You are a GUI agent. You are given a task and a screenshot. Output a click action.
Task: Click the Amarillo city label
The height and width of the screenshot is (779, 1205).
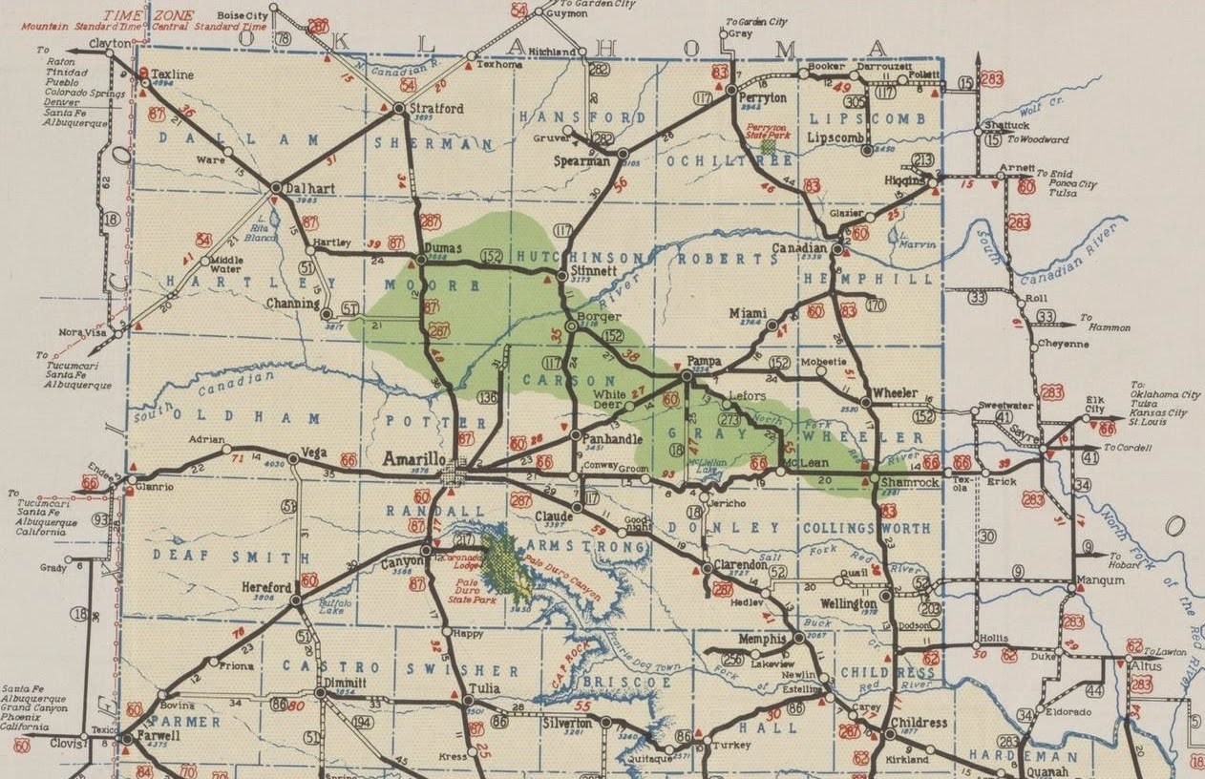tap(412, 459)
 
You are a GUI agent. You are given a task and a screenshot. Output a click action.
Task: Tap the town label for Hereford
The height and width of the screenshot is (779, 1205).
tap(265, 587)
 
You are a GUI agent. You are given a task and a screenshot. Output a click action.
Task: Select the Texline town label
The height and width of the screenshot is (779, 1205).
tap(173, 74)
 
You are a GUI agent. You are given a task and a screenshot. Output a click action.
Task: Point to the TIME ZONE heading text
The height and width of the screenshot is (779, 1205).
tap(163, 16)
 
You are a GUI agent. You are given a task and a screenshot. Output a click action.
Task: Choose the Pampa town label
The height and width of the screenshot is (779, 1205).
tap(704, 361)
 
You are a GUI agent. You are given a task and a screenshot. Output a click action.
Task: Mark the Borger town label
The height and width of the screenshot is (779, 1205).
tap(598, 316)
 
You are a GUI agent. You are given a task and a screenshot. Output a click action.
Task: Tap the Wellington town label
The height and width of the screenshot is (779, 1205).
tap(847, 604)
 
